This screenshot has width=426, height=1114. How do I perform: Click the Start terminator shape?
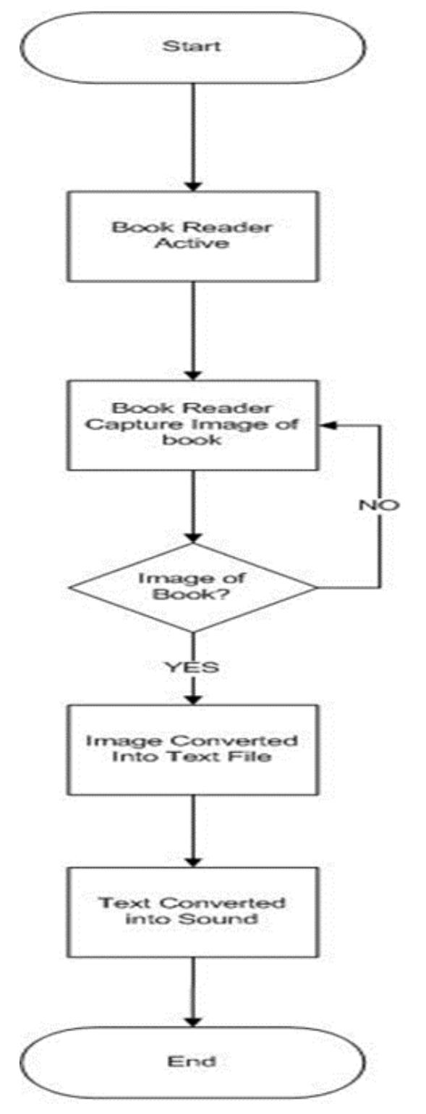(x=192, y=48)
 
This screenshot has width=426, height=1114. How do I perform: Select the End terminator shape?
(x=192, y=1062)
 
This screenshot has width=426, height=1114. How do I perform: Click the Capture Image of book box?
(x=192, y=425)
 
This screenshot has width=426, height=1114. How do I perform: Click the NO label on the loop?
(x=378, y=504)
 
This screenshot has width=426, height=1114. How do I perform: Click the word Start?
(x=192, y=48)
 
